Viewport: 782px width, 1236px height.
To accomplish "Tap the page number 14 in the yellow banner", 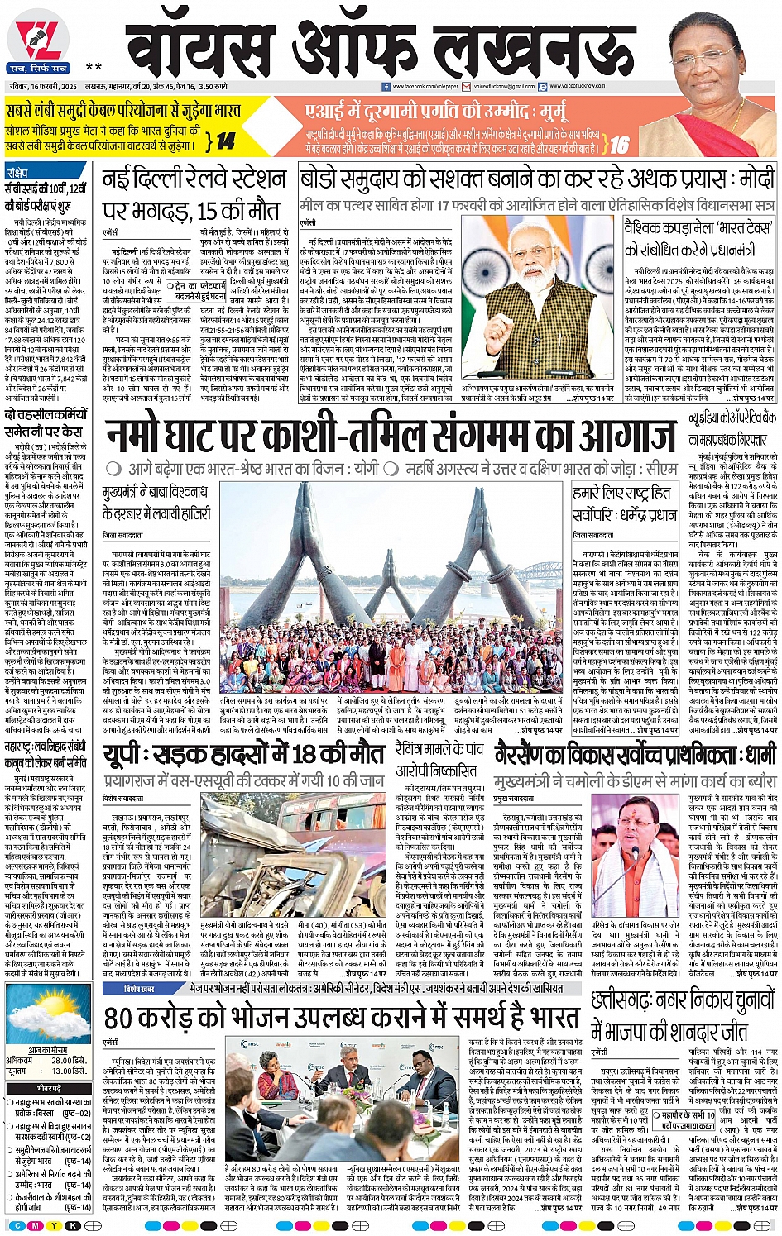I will [x=225, y=141].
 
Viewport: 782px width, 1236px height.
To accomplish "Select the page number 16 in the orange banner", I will [x=620, y=146].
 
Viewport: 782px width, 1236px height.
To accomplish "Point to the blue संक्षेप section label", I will [x=18, y=172].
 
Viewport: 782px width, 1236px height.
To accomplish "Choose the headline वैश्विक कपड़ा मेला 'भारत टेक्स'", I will [x=698, y=237].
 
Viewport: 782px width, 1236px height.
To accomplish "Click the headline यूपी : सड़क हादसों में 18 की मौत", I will [x=244, y=754].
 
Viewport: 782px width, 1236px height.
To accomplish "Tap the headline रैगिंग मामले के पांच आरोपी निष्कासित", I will [x=439, y=759].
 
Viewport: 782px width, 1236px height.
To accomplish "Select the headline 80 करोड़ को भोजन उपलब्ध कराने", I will [x=341, y=1018].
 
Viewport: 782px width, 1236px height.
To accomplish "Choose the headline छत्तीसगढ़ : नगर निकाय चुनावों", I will [x=684, y=1015].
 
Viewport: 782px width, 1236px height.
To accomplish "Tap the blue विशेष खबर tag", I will [x=140, y=988].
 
